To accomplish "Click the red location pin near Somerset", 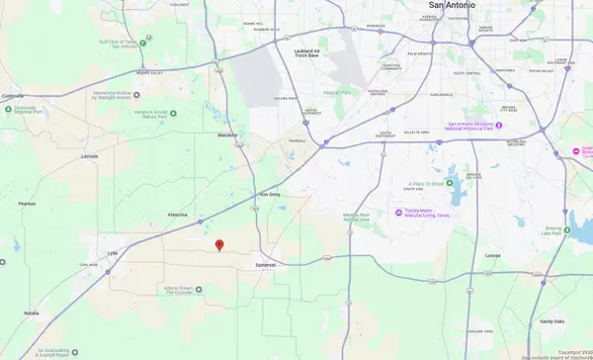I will tap(219, 246).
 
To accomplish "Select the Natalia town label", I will tap(31, 313).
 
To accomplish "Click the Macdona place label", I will tap(228, 135).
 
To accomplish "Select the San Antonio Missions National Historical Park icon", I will tap(499, 126).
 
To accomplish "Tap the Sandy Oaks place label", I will tap(551, 320).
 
